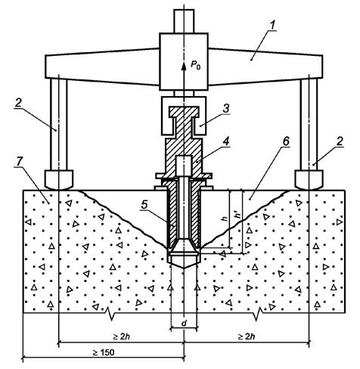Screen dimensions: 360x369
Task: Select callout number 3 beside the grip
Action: click(x=226, y=109)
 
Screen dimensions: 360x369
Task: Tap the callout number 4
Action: click(x=226, y=141)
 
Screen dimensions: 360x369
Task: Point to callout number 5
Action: click(x=144, y=205)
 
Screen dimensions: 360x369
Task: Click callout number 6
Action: click(x=286, y=141)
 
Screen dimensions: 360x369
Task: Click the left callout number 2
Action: click(x=18, y=103)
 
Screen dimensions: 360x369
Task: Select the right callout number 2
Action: click(x=340, y=141)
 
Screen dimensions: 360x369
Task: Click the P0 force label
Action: click(x=195, y=65)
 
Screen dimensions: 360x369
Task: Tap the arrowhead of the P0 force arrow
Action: click(x=184, y=66)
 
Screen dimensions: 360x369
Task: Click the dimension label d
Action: click(x=184, y=323)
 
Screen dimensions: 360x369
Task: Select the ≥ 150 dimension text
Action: click(x=104, y=352)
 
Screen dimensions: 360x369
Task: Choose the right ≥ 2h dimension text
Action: click(x=247, y=336)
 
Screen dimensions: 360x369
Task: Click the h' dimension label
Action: click(x=237, y=216)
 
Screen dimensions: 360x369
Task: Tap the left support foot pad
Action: click(x=59, y=180)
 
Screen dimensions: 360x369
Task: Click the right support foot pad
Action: click(x=309, y=180)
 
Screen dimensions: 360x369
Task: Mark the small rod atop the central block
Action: click(x=184, y=21)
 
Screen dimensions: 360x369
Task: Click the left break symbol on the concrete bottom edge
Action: click(x=110, y=313)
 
